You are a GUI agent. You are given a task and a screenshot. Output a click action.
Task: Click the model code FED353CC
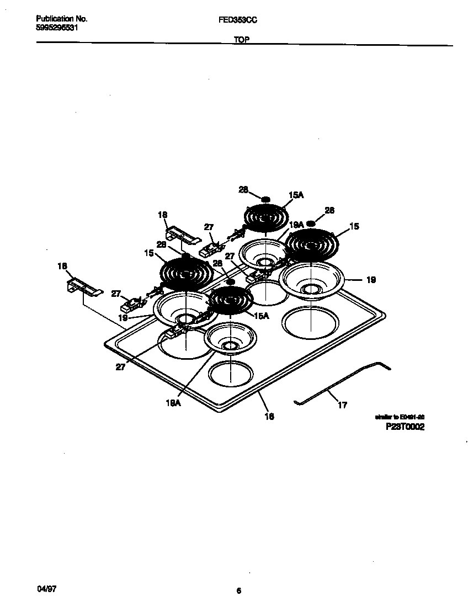[x=238, y=19]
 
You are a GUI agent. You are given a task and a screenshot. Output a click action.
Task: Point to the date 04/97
[x=47, y=589]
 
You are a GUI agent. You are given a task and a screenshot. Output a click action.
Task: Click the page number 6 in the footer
[x=239, y=590]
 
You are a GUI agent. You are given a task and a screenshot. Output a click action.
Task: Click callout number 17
[x=342, y=406]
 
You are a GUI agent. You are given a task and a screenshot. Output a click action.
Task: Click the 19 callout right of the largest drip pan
[x=371, y=280]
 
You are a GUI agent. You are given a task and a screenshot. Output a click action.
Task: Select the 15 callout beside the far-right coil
[x=354, y=226]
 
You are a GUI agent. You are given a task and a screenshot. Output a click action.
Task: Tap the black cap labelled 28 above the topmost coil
[x=265, y=199]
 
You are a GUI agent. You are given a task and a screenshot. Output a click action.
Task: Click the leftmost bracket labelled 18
[x=84, y=286]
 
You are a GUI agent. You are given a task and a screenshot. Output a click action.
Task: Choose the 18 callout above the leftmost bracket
[x=62, y=266]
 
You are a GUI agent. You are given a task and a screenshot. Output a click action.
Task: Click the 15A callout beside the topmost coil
[x=296, y=195]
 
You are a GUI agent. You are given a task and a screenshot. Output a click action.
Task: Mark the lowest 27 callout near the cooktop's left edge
[x=120, y=366]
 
